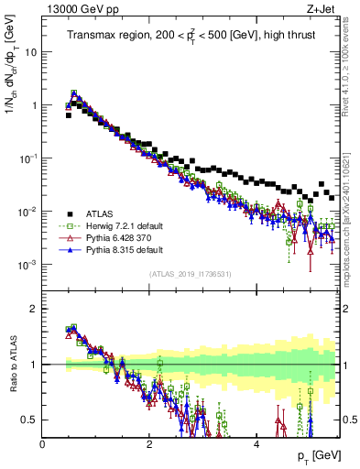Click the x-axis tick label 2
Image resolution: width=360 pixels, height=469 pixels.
pyautogui.click(x=149, y=442)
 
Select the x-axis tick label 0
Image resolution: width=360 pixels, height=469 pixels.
pyautogui.click(x=43, y=442)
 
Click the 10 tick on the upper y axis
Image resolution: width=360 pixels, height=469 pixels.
pyautogui.click(x=31, y=52)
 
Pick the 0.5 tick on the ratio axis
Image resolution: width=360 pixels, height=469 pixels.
pyautogui.click(x=29, y=420)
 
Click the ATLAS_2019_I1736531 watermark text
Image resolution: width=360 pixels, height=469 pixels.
pyautogui.click(x=191, y=274)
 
